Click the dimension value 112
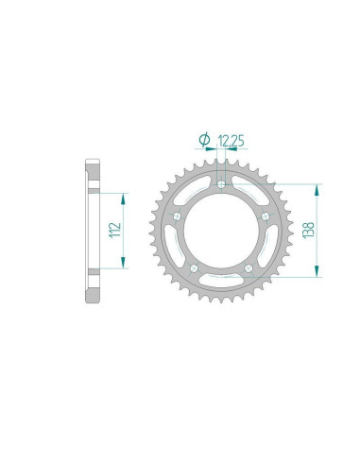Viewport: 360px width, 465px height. (x=112, y=230)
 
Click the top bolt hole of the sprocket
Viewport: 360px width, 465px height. (x=221, y=185)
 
